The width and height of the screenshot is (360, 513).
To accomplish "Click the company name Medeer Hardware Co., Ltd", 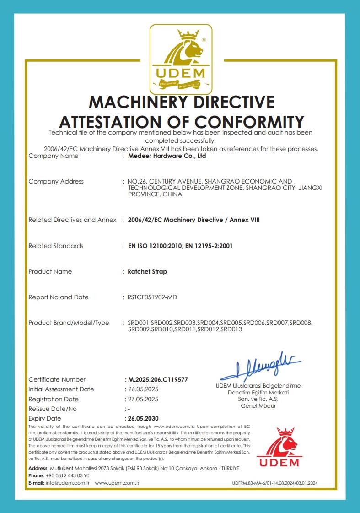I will [x=167, y=156].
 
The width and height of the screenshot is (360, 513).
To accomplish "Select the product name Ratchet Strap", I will [x=147, y=271].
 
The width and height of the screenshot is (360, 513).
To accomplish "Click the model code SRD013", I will [x=231, y=329].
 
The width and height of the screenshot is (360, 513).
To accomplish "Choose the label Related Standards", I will [x=56, y=246].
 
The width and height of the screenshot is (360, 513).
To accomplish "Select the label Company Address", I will [x=56, y=181].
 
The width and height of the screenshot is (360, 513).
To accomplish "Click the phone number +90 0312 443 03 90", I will [x=68, y=475].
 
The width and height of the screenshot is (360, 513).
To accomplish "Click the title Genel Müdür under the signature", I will [x=258, y=406].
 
